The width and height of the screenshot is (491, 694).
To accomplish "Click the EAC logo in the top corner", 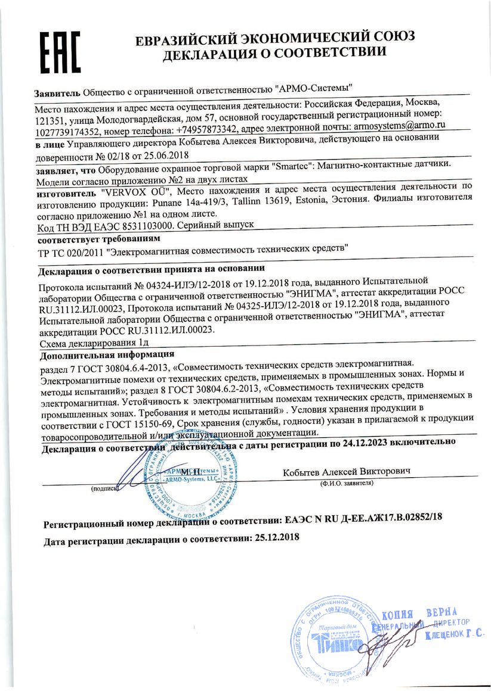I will pos(59,51).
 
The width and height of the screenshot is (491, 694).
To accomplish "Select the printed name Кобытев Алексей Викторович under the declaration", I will pos(347,471).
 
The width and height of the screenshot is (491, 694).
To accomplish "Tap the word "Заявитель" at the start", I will pos(57,93).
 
